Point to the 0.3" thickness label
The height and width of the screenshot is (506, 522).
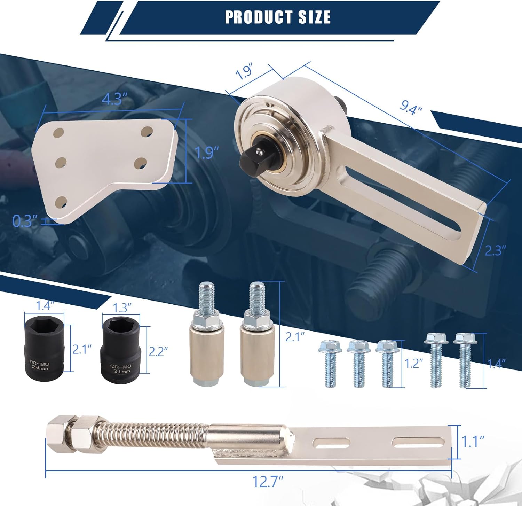click(x=24, y=221)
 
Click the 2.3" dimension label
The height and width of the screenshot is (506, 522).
click(x=495, y=250)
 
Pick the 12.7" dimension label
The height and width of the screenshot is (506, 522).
click(x=267, y=482)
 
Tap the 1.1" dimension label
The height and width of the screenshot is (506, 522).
click(x=473, y=441)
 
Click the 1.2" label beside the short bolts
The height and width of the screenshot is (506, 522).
click(x=413, y=363)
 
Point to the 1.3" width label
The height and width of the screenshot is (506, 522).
click(x=122, y=308)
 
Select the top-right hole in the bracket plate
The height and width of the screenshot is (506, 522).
click(x=147, y=132)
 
